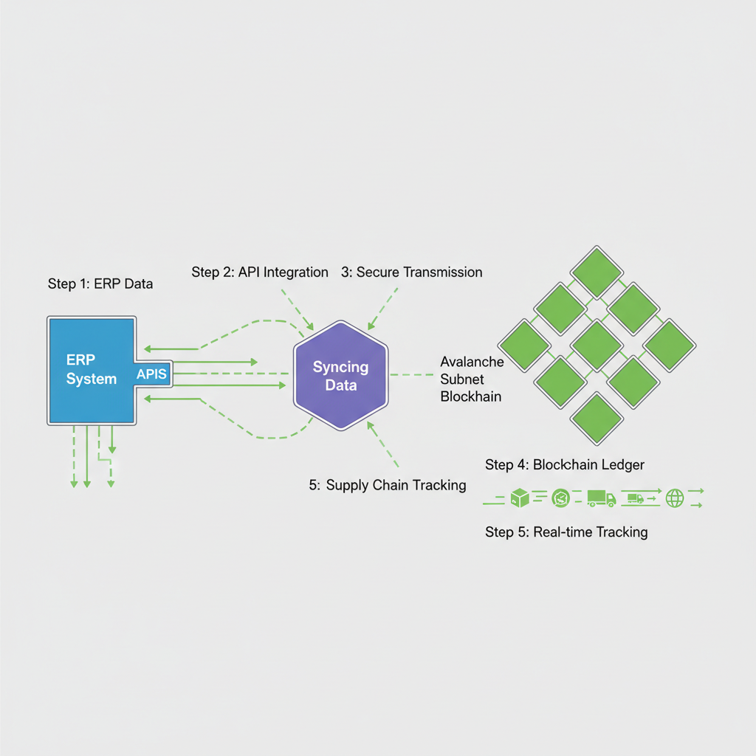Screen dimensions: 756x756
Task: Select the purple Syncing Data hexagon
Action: pyautogui.click(x=340, y=375)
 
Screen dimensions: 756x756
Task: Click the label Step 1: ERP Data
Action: pyautogui.click(x=100, y=283)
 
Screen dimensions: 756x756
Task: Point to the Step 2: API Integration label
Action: pyautogui.click(x=260, y=272)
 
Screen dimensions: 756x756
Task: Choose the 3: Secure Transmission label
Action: pyautogui.click(x=411, y=272)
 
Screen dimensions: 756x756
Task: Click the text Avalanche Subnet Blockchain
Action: pyautogui.click(x=472, y=379)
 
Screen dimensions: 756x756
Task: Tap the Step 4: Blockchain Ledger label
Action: pyautogui.click(x=565, y=464)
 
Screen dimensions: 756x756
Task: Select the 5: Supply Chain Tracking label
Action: pyautogui.click(x=388, y=485)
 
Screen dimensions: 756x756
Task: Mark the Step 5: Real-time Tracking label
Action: pyautogui.click(x=566, y=532)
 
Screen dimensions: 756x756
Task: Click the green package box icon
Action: pyautogui.click(x=521, y=499)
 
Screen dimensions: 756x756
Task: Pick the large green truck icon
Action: pyautogui.click(x=601, y=499)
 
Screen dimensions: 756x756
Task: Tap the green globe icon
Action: pyautogui.click(x=675, y=498)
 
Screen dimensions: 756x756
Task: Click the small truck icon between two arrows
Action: pyautogui.click(x=634, y=499)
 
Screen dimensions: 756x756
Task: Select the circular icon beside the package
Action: pyautogui.click(x=561, y=499)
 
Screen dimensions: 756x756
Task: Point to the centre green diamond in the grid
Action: pyautogui.click(x=597, y=345)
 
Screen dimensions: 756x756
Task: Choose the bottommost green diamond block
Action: pyautogui.click(x=597, y=417)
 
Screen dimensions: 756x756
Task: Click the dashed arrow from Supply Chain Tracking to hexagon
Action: pyautogui.click(x=383, y=444)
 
